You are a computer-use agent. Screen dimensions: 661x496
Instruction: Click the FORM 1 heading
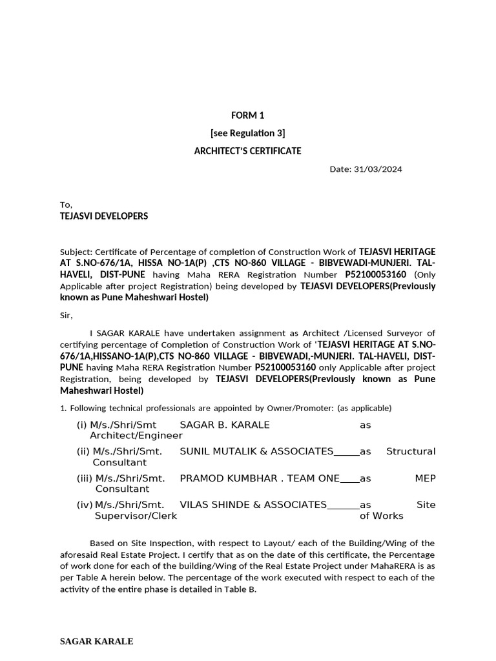coord(248,116)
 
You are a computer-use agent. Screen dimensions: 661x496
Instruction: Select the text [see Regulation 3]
coord(248,134)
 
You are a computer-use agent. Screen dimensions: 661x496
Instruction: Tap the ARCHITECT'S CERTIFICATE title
coord(248,151)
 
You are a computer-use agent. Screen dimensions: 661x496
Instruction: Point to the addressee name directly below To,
coord(104,216)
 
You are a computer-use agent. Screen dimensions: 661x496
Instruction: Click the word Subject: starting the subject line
coord(76,251)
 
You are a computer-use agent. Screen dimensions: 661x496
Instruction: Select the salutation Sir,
coord(67,316)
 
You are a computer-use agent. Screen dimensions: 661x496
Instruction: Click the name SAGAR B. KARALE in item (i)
coord(225,425)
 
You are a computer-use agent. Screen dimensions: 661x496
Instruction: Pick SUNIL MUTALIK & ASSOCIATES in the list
coord(256,451)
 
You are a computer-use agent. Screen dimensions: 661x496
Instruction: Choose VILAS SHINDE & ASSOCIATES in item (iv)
coord(253,504)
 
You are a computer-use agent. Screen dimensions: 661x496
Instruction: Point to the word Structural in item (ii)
coord(411,451)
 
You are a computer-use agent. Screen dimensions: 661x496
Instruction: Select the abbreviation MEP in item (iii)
coord(425,478)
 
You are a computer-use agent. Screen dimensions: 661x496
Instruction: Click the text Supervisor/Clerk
coord(136,516)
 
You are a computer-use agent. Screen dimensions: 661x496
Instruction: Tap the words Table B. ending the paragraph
coord(240,589)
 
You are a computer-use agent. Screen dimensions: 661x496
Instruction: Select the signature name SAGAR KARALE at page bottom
coord(96,642)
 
